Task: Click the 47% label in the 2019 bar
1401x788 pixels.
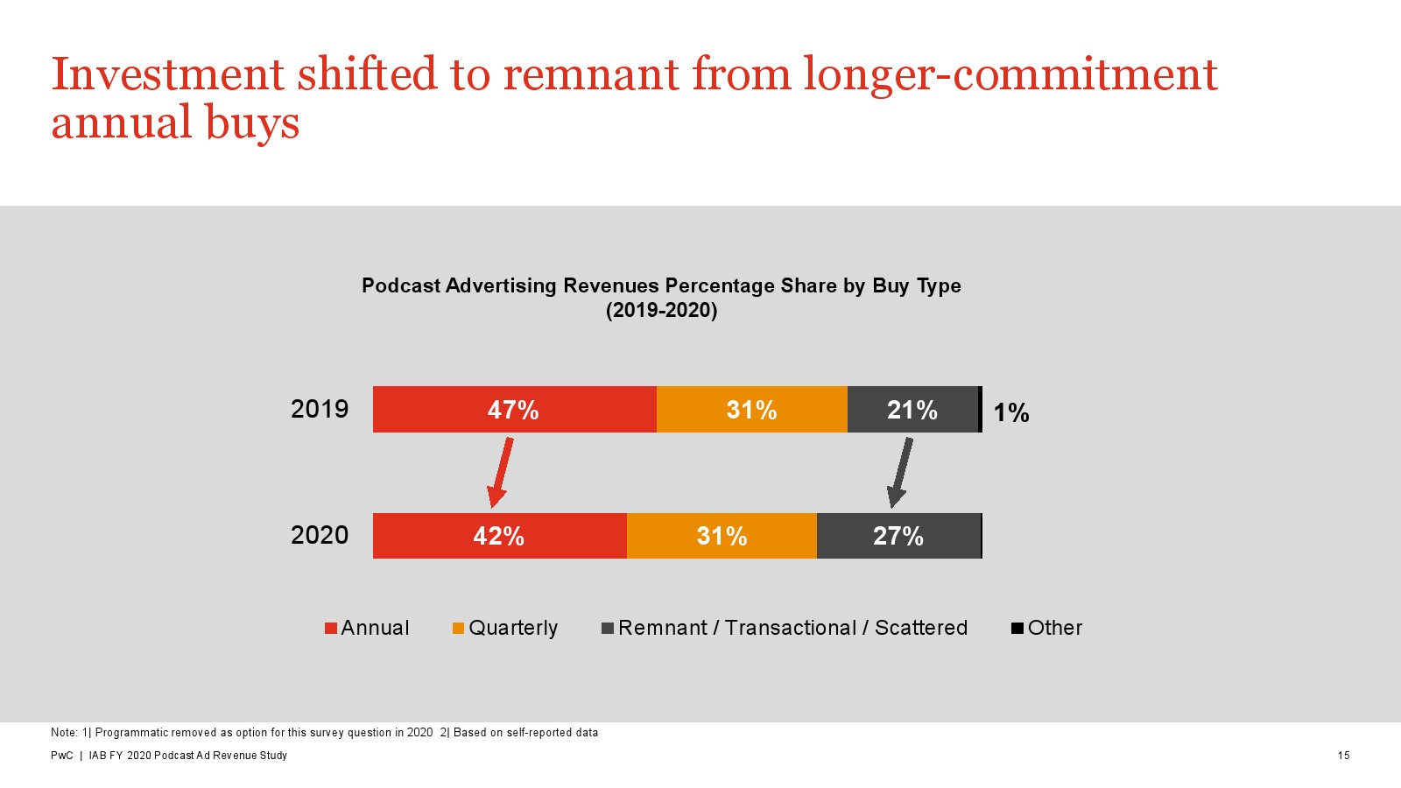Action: point(513,410)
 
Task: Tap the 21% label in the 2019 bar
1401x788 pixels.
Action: point(912,410)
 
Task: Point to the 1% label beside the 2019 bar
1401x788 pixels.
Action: point(1010,412)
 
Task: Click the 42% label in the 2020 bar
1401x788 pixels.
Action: point(498,536)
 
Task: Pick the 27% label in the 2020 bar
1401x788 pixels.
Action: point(898,536)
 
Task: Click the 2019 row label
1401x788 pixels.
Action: point(320,409)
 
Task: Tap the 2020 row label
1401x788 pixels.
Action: point(320,535)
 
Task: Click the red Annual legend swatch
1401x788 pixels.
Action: point(331,629)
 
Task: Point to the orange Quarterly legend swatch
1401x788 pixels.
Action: point(458,629)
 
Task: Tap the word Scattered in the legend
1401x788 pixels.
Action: point(920,628)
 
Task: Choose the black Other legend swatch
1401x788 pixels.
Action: point(1017,629)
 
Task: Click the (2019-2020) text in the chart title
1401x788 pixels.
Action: point(661,310)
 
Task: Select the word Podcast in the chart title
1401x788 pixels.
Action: point(400,285)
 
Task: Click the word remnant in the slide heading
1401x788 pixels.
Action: point(591,74)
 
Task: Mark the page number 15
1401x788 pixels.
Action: point(1343,756)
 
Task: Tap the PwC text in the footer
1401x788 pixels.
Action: point(61,756)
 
